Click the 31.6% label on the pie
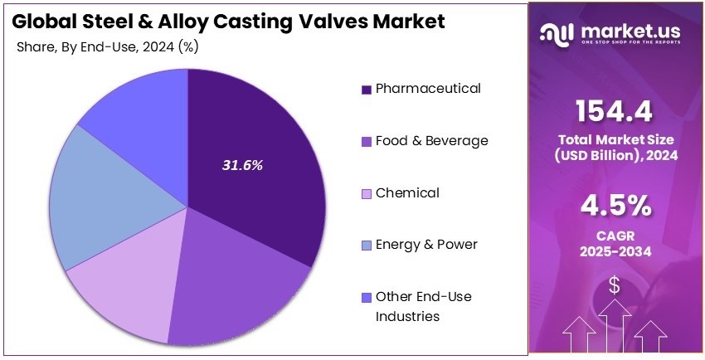pos(242,165)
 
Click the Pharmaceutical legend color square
pos(366,89)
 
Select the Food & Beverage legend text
pos(431,141)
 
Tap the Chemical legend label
pos(407,193)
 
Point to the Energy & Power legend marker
pos(366,246)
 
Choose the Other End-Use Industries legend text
pos(423,306)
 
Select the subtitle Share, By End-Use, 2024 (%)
pos(107,46)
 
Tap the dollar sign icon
pos(615,285)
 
